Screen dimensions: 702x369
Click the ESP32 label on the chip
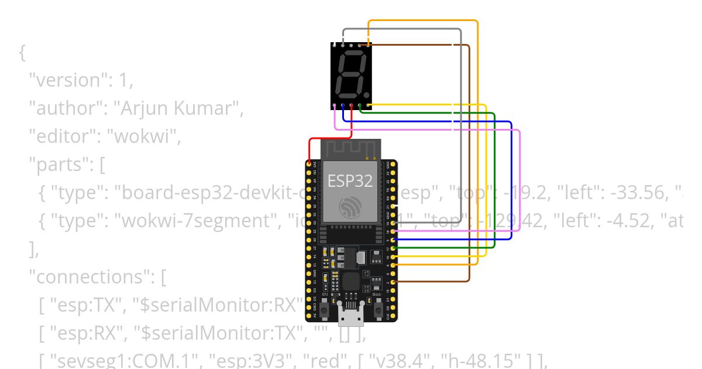[350, 181]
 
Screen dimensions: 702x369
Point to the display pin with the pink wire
[334, 106]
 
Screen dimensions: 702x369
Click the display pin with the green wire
[360, 106]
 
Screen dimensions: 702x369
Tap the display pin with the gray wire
[343, 45]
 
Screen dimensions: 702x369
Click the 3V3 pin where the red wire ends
[309, 164]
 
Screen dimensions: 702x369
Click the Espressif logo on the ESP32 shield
[350, 206]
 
